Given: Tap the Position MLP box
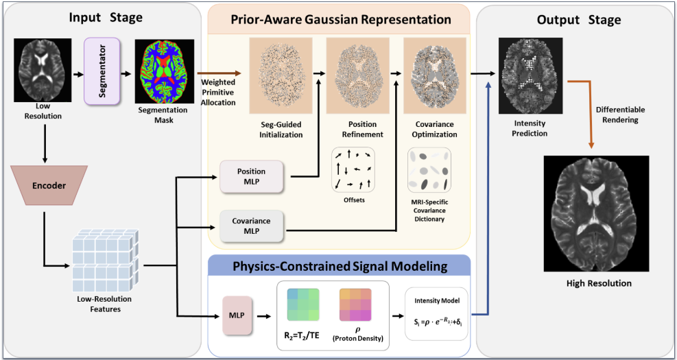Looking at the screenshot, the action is pos(252,176).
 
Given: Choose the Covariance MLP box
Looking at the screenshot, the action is pos(252,226).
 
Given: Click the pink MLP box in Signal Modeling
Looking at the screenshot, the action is pos(236,315).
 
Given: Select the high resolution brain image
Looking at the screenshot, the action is pos(596,214).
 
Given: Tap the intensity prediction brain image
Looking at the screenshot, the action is pos(531,75).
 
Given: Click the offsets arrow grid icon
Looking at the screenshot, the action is pos(353,169).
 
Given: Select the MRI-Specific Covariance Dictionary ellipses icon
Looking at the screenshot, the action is pos(429,169).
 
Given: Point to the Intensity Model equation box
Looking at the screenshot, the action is pos(436,314).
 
